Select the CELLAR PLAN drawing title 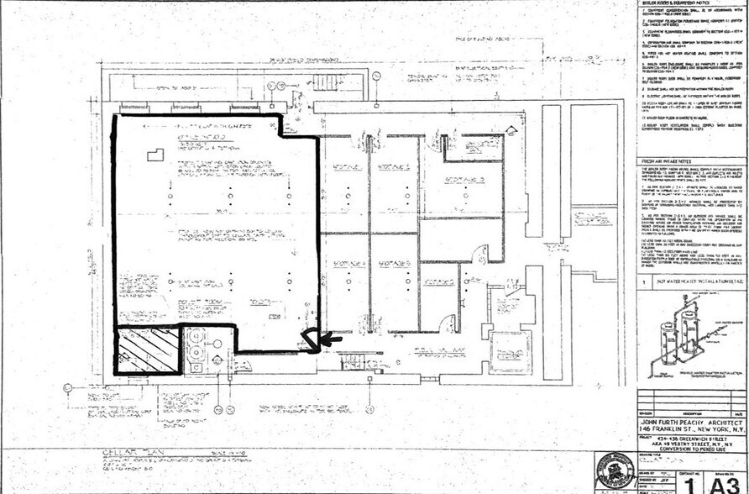[117, 460]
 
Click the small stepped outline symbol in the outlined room [156, 155]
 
